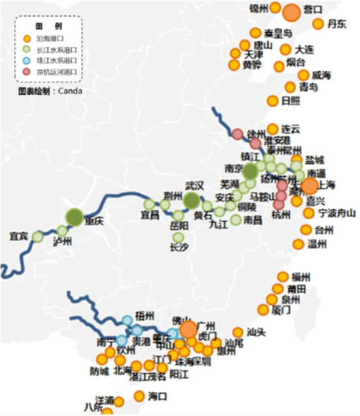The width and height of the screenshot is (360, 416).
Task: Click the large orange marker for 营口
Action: [x=292, y=12]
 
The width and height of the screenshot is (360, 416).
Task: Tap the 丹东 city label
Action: [x=337, y=25]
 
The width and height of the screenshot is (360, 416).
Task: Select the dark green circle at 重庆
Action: [x=75, y=217]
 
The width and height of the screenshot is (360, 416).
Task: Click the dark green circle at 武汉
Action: [x=192, y=200]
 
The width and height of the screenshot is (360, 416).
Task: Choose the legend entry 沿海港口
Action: [x=51, y=38]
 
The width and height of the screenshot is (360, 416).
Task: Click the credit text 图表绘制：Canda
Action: [x=50, y=91]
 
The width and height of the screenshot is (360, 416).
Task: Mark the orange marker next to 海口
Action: [x=139, y=396]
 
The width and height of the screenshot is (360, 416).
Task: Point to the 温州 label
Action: [x=317, y=245]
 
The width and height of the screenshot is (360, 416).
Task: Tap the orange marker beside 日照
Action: [x=273, y=100]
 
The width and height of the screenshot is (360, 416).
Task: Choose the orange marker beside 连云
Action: [x=273, y=129]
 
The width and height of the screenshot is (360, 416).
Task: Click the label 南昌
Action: [x=253, y=220]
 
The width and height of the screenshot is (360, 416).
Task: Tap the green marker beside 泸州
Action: [x=62, y=230]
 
